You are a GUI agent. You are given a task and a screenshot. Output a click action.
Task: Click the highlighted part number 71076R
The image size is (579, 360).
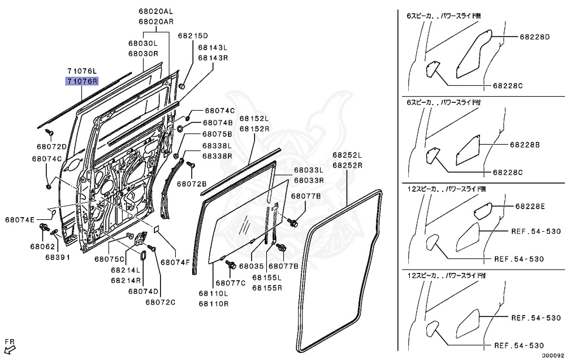(82, 81)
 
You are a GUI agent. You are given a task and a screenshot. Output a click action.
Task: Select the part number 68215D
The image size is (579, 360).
(193, 35)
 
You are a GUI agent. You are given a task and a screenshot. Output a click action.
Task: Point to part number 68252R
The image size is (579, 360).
(347, 165)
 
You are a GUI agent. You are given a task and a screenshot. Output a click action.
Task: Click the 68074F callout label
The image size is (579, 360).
(176, 262)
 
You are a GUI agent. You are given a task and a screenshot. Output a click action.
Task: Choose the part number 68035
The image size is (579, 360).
(252, 266)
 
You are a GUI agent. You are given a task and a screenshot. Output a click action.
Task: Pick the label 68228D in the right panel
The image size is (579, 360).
(535, 37)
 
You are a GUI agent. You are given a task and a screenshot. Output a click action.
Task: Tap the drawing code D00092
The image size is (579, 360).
(553, 355)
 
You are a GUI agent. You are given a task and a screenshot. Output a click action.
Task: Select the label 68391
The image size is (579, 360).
(58, 257)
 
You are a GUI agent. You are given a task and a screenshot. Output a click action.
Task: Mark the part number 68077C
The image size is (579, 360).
(230, 283)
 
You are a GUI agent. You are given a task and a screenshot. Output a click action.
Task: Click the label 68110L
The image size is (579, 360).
(213, 293)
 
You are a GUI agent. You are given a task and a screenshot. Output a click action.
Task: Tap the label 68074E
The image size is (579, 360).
(20, 219)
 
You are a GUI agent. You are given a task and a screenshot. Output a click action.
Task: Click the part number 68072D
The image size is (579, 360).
(52, 146)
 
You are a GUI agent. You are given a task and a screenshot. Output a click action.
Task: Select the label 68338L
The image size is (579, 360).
(201, 146)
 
